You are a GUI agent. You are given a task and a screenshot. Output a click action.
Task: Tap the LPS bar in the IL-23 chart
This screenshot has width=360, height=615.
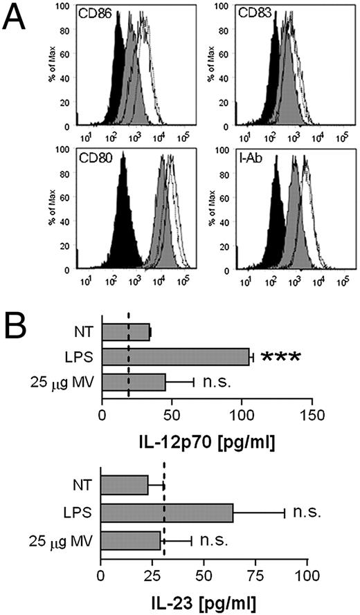(167, 513)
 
